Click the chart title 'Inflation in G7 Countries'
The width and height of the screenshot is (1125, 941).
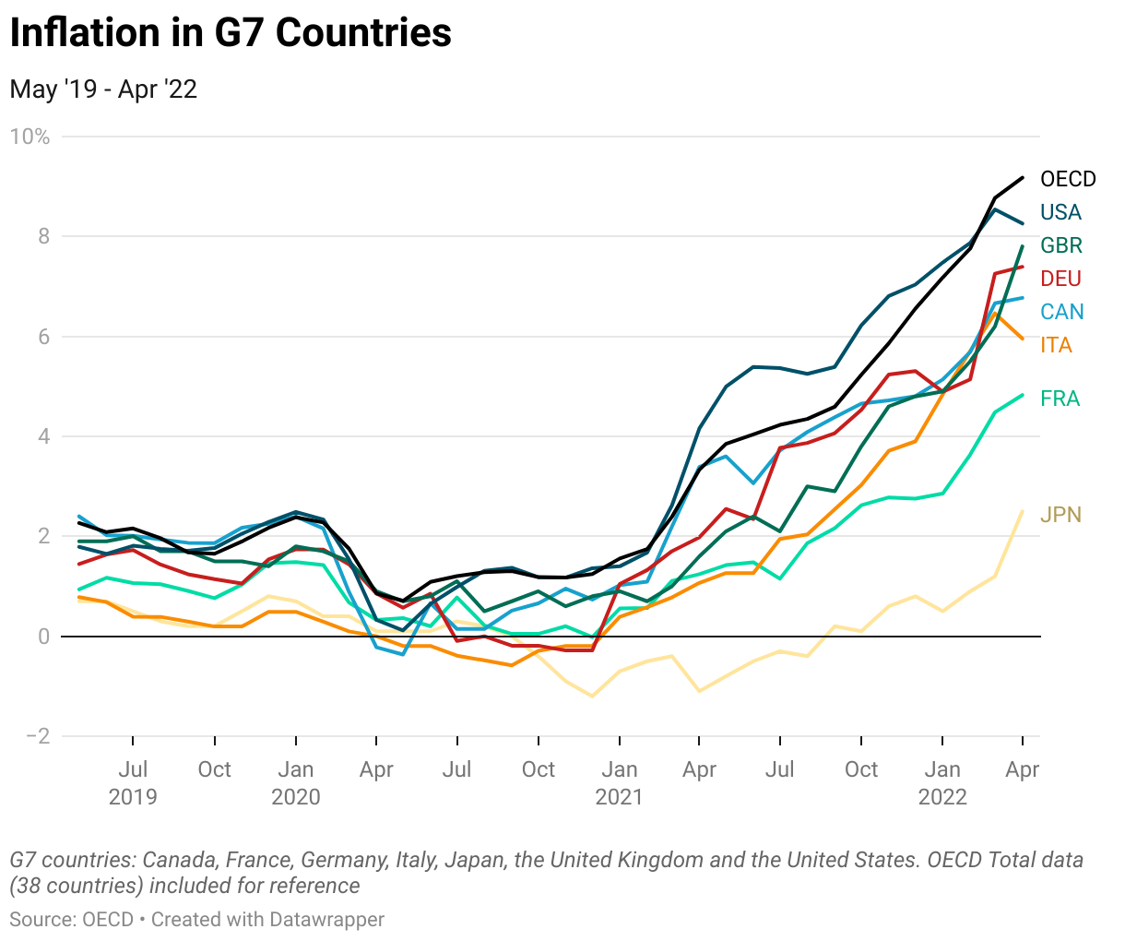[231, 33]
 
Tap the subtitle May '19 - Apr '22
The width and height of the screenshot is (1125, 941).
[103, 89]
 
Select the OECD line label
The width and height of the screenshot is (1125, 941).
[1068, 179]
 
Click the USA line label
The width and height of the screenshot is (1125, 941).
[1060, 212]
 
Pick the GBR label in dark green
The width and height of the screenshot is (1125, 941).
[1061, 245]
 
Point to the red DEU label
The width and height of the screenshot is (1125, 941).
[1060, 279]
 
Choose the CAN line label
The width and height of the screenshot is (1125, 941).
[1061, 312]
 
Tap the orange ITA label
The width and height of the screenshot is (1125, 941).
[1056, 345]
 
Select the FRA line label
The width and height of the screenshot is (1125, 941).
[1060, 399]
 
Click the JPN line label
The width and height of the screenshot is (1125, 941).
[1060, 515]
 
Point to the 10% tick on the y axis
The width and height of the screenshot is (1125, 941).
[30, 137]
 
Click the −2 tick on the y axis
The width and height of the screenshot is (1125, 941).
[37, 736]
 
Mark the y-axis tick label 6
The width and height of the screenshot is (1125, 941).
[42, 337]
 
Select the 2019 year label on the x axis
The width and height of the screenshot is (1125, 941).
[133, 797]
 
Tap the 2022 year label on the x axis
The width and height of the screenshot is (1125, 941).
[942, 797]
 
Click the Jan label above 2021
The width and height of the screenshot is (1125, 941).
[619, 769]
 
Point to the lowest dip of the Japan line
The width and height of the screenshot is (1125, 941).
[592, 696]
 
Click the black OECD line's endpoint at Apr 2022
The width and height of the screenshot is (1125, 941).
[1022, 177]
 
